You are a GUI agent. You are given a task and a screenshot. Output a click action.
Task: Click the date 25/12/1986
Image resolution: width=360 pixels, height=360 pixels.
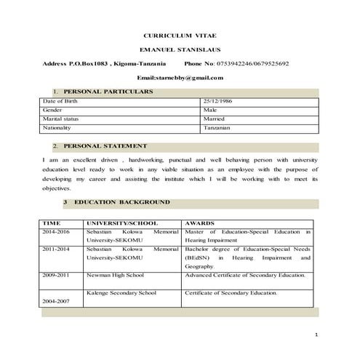pos(218,101)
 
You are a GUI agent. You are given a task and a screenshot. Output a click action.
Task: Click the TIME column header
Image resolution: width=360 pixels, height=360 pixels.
pos(51,223)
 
